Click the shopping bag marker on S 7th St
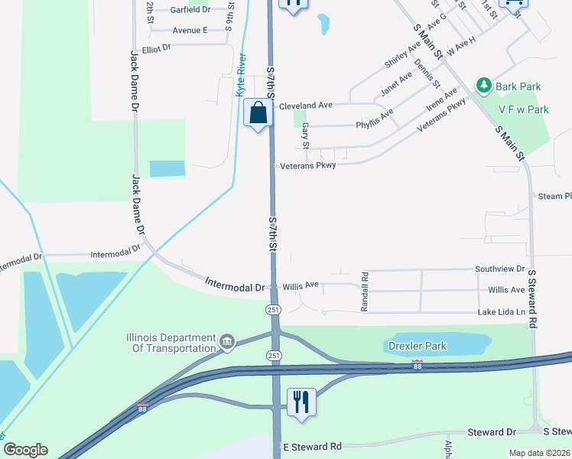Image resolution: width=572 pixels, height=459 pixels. tap(258, 113)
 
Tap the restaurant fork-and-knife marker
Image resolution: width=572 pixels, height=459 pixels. tap(301, 402)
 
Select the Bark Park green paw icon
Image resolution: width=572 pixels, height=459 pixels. tap(483, 86)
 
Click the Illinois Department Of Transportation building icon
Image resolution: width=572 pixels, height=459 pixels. tap(226, 341)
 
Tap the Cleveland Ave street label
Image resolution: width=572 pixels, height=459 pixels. tap(306, 105)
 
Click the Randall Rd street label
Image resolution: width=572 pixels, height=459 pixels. tap(365, 291)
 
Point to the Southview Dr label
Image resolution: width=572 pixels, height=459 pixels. tap(500, 269)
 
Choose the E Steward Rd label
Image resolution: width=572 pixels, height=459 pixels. tap(312, 447)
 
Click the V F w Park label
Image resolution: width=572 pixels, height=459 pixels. tap(524, 109)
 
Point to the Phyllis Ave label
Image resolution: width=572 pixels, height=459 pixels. tap(375, 118)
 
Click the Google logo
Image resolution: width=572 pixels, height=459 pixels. tap(25, 450)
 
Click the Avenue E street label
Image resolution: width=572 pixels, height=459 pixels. tap(190, 30)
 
